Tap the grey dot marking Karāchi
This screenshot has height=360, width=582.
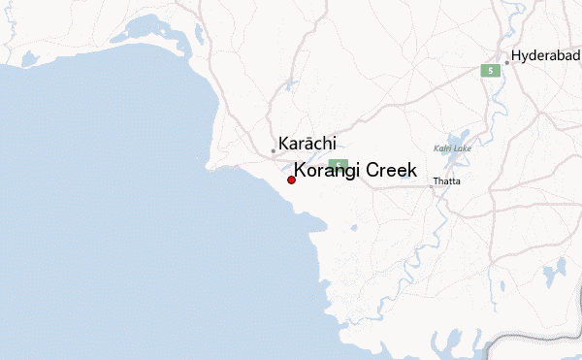point(274,150)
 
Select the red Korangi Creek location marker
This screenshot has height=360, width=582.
point(291,180)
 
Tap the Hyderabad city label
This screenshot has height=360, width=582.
point(546,54)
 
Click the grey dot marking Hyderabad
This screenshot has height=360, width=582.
point(506,62)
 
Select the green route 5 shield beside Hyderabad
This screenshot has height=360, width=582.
point(492,71)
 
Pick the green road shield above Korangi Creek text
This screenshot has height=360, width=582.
point(338,164)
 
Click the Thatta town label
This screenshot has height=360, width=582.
point(447,181)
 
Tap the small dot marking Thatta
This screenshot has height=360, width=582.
point(432,183)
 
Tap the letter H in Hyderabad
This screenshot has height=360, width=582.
point(517,54)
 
